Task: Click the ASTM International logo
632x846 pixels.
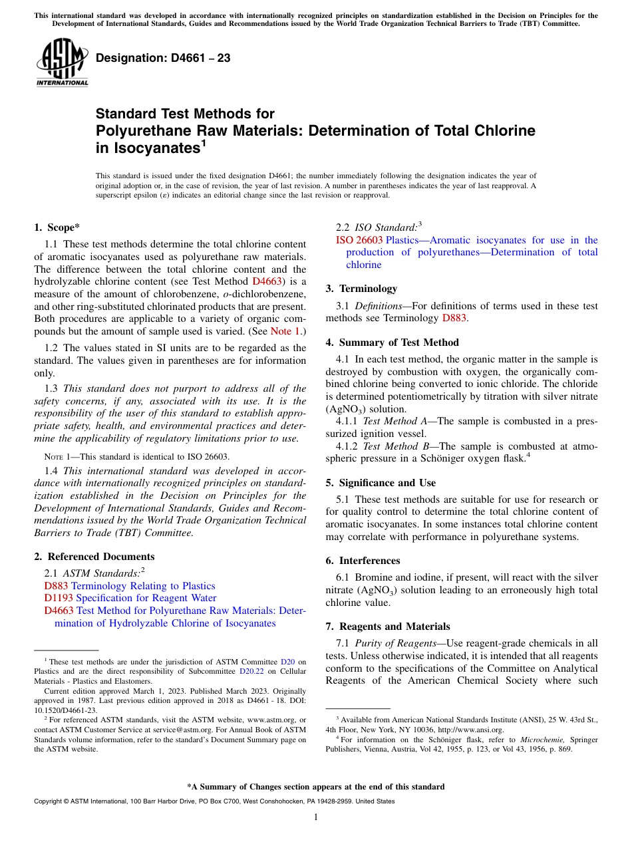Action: tap(61, 63)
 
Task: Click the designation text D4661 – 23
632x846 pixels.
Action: tap(163, 58)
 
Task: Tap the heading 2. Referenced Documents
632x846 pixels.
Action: tap(94, 556)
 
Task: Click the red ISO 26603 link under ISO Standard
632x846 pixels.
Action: tap(359, 240)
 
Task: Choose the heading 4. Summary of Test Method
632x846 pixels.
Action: tap(392, 343)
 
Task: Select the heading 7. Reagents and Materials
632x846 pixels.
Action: tap(388, 627)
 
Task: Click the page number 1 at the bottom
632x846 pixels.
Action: tap(316, 817)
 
